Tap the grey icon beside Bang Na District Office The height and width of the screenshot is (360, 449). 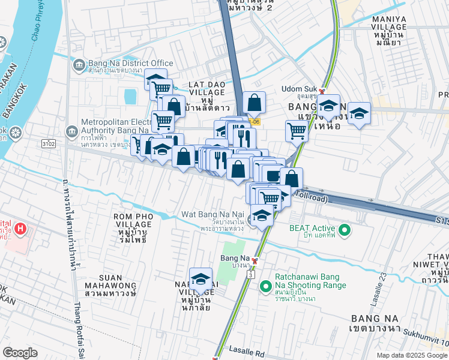79,64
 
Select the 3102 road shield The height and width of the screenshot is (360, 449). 49,144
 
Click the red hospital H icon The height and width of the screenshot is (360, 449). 20,229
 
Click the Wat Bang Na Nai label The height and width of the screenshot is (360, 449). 212,214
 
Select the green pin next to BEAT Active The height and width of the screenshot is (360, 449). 345,229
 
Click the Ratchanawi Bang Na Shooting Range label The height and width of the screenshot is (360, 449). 310,281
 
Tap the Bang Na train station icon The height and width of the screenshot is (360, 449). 255,261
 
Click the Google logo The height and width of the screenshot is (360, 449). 20,353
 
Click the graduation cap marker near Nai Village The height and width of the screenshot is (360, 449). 200,279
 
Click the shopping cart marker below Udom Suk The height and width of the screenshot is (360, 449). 297,130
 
